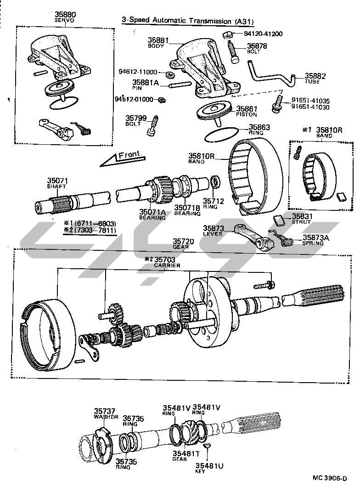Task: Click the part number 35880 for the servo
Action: click(66, 15)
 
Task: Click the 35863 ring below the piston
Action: click(221, 136)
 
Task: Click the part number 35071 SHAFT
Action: click(57, 183)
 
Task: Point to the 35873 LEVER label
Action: click(213, 230)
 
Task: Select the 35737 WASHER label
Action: click(105, 413)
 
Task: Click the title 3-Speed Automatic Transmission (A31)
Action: click(188, 21)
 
